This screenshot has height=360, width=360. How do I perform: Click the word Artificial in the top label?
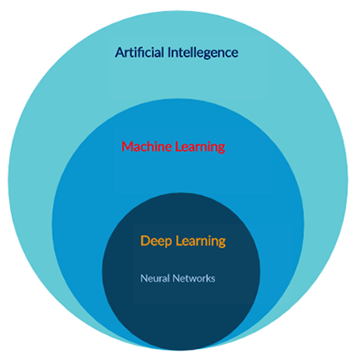coord(139,52)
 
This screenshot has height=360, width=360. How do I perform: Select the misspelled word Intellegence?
coord(203,53)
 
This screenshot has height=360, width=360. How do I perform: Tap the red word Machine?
coord(146,146)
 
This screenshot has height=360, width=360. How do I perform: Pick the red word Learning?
coord(200,147)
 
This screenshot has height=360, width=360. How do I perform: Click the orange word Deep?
coord(156,242)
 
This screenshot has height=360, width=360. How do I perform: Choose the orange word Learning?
coord(201,242)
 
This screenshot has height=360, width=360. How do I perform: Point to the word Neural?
coord(155,278)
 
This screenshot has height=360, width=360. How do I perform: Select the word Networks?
coord(194,278)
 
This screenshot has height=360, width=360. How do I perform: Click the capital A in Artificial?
coord(119,53)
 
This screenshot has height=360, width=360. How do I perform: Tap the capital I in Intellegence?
coord(169,53)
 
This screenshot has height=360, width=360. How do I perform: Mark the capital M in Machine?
coord(127,146)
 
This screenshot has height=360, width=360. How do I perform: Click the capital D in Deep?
coord(145,241)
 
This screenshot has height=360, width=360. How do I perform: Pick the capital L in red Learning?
coord(178,146)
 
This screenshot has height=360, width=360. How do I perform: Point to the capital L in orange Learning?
coord(178,241)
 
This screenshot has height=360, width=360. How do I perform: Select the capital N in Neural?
coord(144,278)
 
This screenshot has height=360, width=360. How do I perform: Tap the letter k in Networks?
coord(209,278)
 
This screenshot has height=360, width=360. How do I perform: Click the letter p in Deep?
coord(168,243)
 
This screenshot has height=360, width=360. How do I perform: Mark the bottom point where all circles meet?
coord(181,350)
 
